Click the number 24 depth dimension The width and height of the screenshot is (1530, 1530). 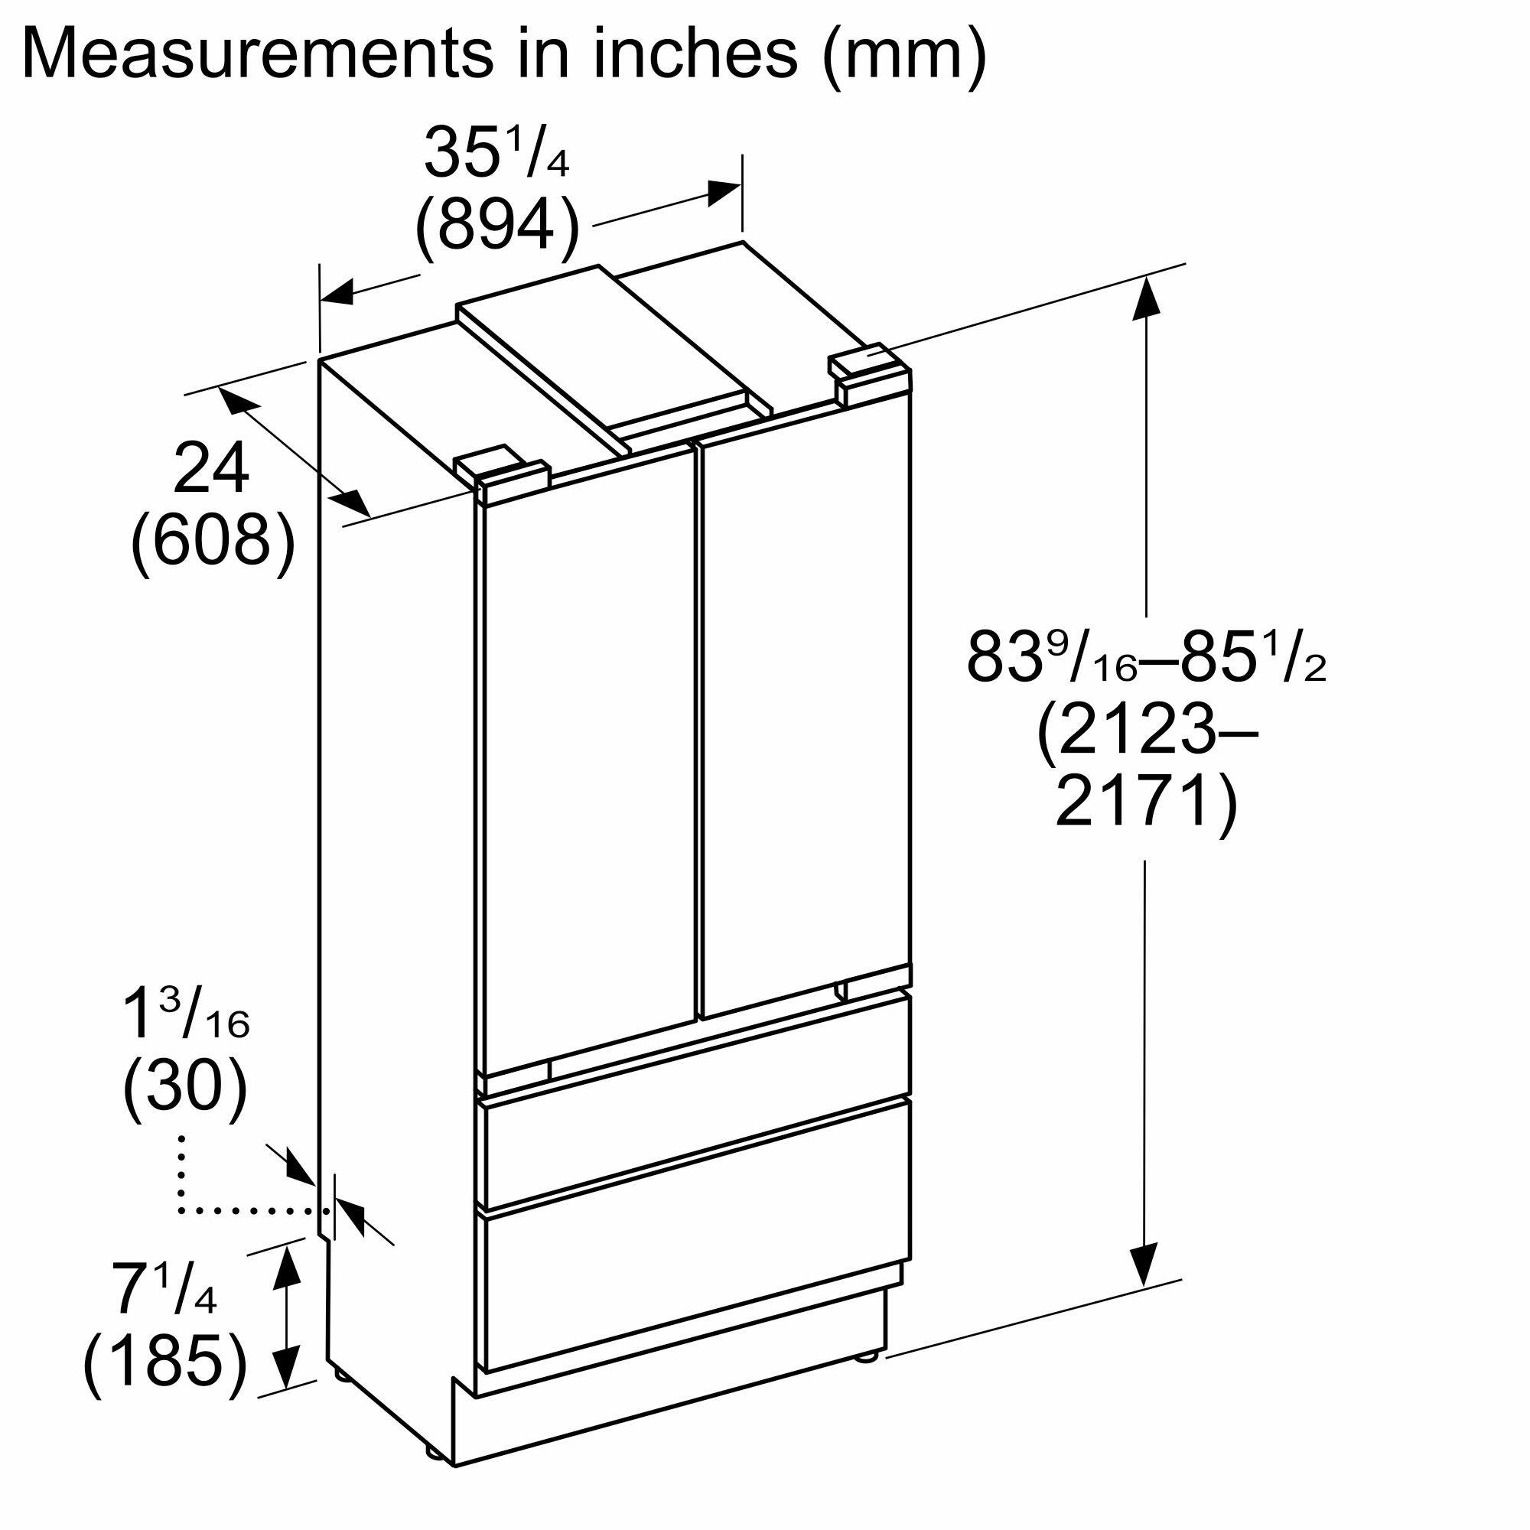(x=211, y=470)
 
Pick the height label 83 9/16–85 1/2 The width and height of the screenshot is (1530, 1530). (x=1147, y=656)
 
